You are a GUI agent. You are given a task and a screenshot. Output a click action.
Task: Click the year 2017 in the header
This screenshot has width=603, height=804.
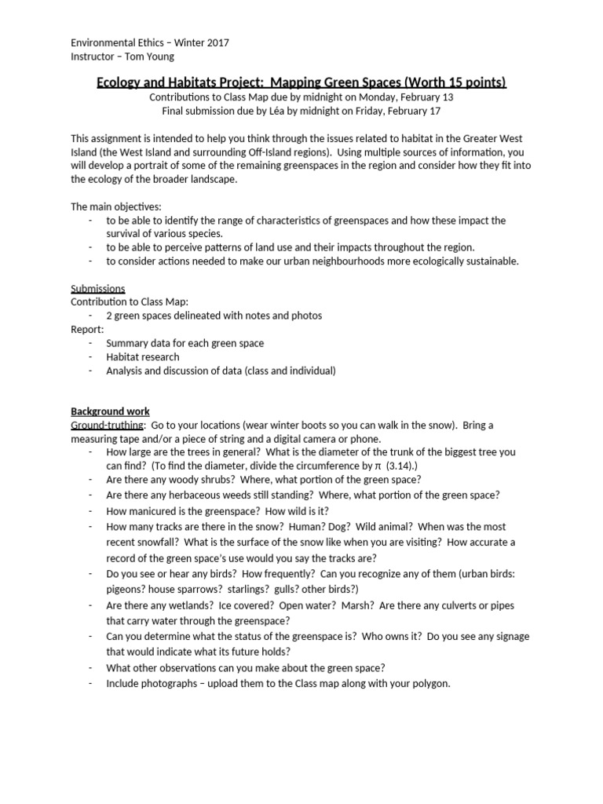coord(217,42)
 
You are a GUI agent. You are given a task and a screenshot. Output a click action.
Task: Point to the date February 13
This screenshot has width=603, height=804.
coord(421,97)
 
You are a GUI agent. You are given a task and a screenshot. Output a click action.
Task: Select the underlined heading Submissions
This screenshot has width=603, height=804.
coord(98,289)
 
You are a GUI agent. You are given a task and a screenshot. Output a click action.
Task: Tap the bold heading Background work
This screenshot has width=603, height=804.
coord(110,411)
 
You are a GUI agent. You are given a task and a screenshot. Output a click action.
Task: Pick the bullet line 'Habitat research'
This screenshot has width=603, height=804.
coord(143,357)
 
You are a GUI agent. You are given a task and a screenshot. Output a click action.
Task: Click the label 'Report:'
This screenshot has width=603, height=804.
coord(87,330)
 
